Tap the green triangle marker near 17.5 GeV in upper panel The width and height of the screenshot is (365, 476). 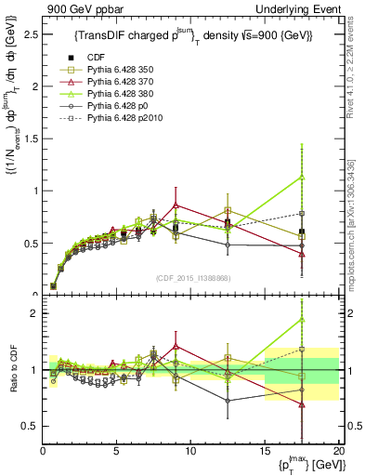click(x=302, y=177)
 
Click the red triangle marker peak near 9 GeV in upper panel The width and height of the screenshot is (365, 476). click(x=176, y=205)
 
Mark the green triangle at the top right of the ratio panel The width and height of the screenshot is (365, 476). click(x=302, y=320)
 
